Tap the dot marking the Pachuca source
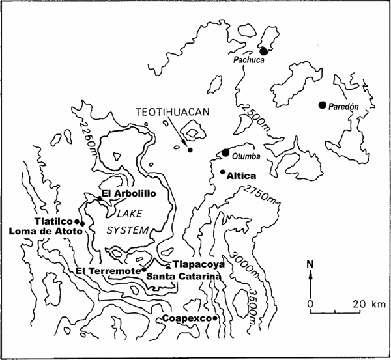(264, 51)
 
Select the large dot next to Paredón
(322, 105)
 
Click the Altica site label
(240, 175)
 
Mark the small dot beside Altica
(223, 172)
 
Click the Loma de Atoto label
(43, 230)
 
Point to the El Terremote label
(108, 270)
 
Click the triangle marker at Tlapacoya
(169, 265)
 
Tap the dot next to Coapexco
(214, 318)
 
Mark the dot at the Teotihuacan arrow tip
(190, 150)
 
